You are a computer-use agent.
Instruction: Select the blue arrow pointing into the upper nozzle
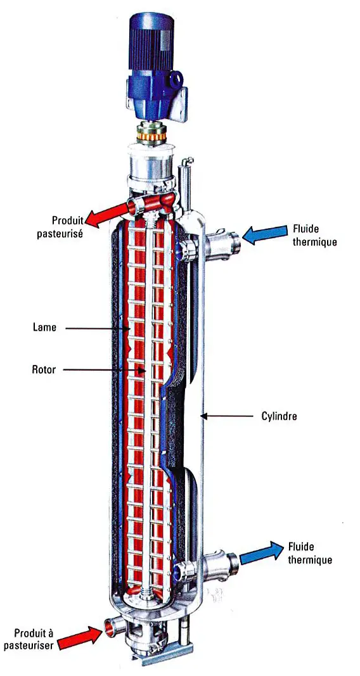[x=264, y=234]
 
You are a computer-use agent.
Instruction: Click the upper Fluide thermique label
[x=314, y=234]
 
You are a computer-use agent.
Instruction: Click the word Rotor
[x=44, y=369]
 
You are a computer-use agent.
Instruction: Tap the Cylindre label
[x=280, y=416]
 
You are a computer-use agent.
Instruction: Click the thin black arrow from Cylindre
[x=227, y=416]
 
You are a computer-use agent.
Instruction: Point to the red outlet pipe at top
[x=151, y=202]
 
